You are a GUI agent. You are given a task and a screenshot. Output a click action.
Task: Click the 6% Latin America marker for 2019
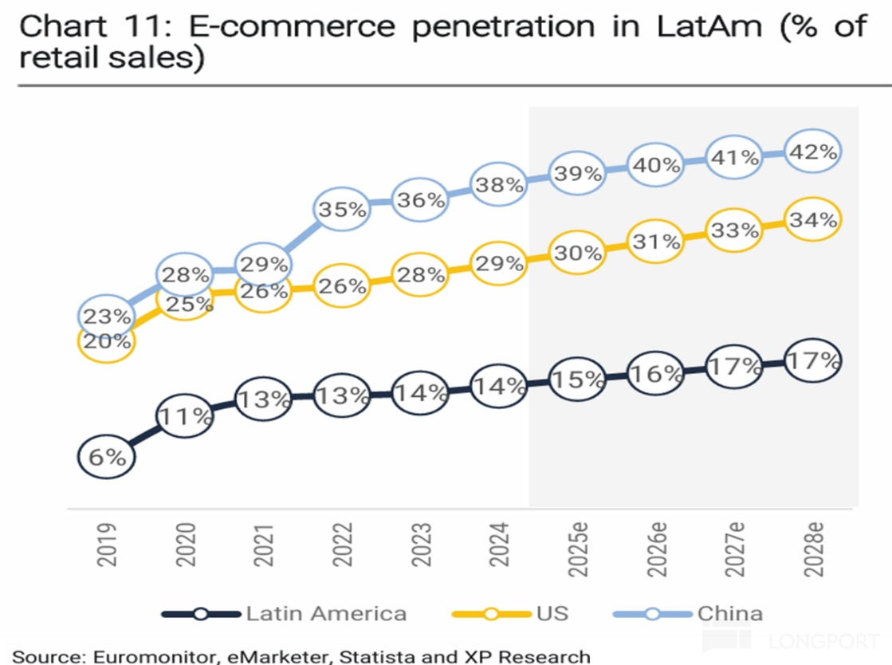coord(106,458)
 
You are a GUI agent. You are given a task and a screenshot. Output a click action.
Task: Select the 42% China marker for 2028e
coord(812,151)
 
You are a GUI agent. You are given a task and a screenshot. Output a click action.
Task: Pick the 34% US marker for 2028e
coord(812,219)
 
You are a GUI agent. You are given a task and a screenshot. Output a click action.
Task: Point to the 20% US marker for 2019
coord(106,341)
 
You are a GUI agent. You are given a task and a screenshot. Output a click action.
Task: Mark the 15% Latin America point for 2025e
coord(577,380)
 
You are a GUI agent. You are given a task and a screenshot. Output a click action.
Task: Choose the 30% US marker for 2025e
coord(577,254)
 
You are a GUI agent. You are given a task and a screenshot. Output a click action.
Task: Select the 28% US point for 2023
coord(421,275)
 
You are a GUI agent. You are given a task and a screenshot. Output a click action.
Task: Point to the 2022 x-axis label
coord(343,545)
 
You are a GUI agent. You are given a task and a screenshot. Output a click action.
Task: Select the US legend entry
coord(552,613)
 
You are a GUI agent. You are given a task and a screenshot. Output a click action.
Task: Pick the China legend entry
coord(729,613)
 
